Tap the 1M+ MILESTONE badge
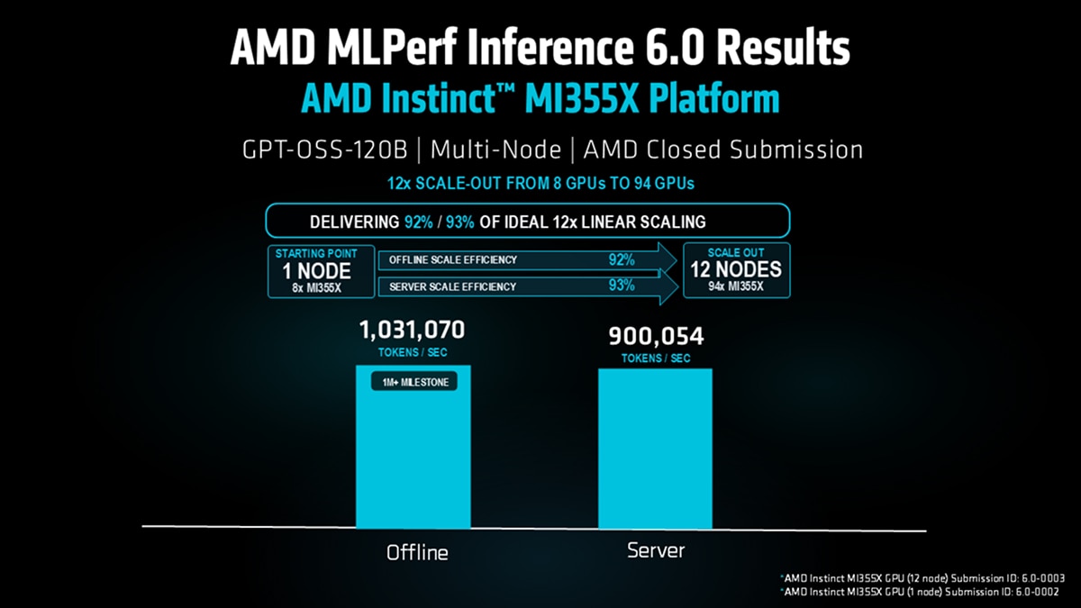[x=413, y=382]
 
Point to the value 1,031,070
[x=413, y=331]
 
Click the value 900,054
[x=656, y=337]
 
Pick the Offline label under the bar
[x=417, y=551]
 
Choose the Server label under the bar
[x=656, y=549]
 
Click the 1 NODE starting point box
[x=310, y=270]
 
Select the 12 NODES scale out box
[x=736, y=270]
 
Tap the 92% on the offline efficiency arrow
[x=622, y=259]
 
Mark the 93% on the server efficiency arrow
[x=622, y=286]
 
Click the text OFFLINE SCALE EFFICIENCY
[x=453, y=260]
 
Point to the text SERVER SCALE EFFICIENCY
[x=453, y=286]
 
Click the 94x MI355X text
[x=736, y=287]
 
